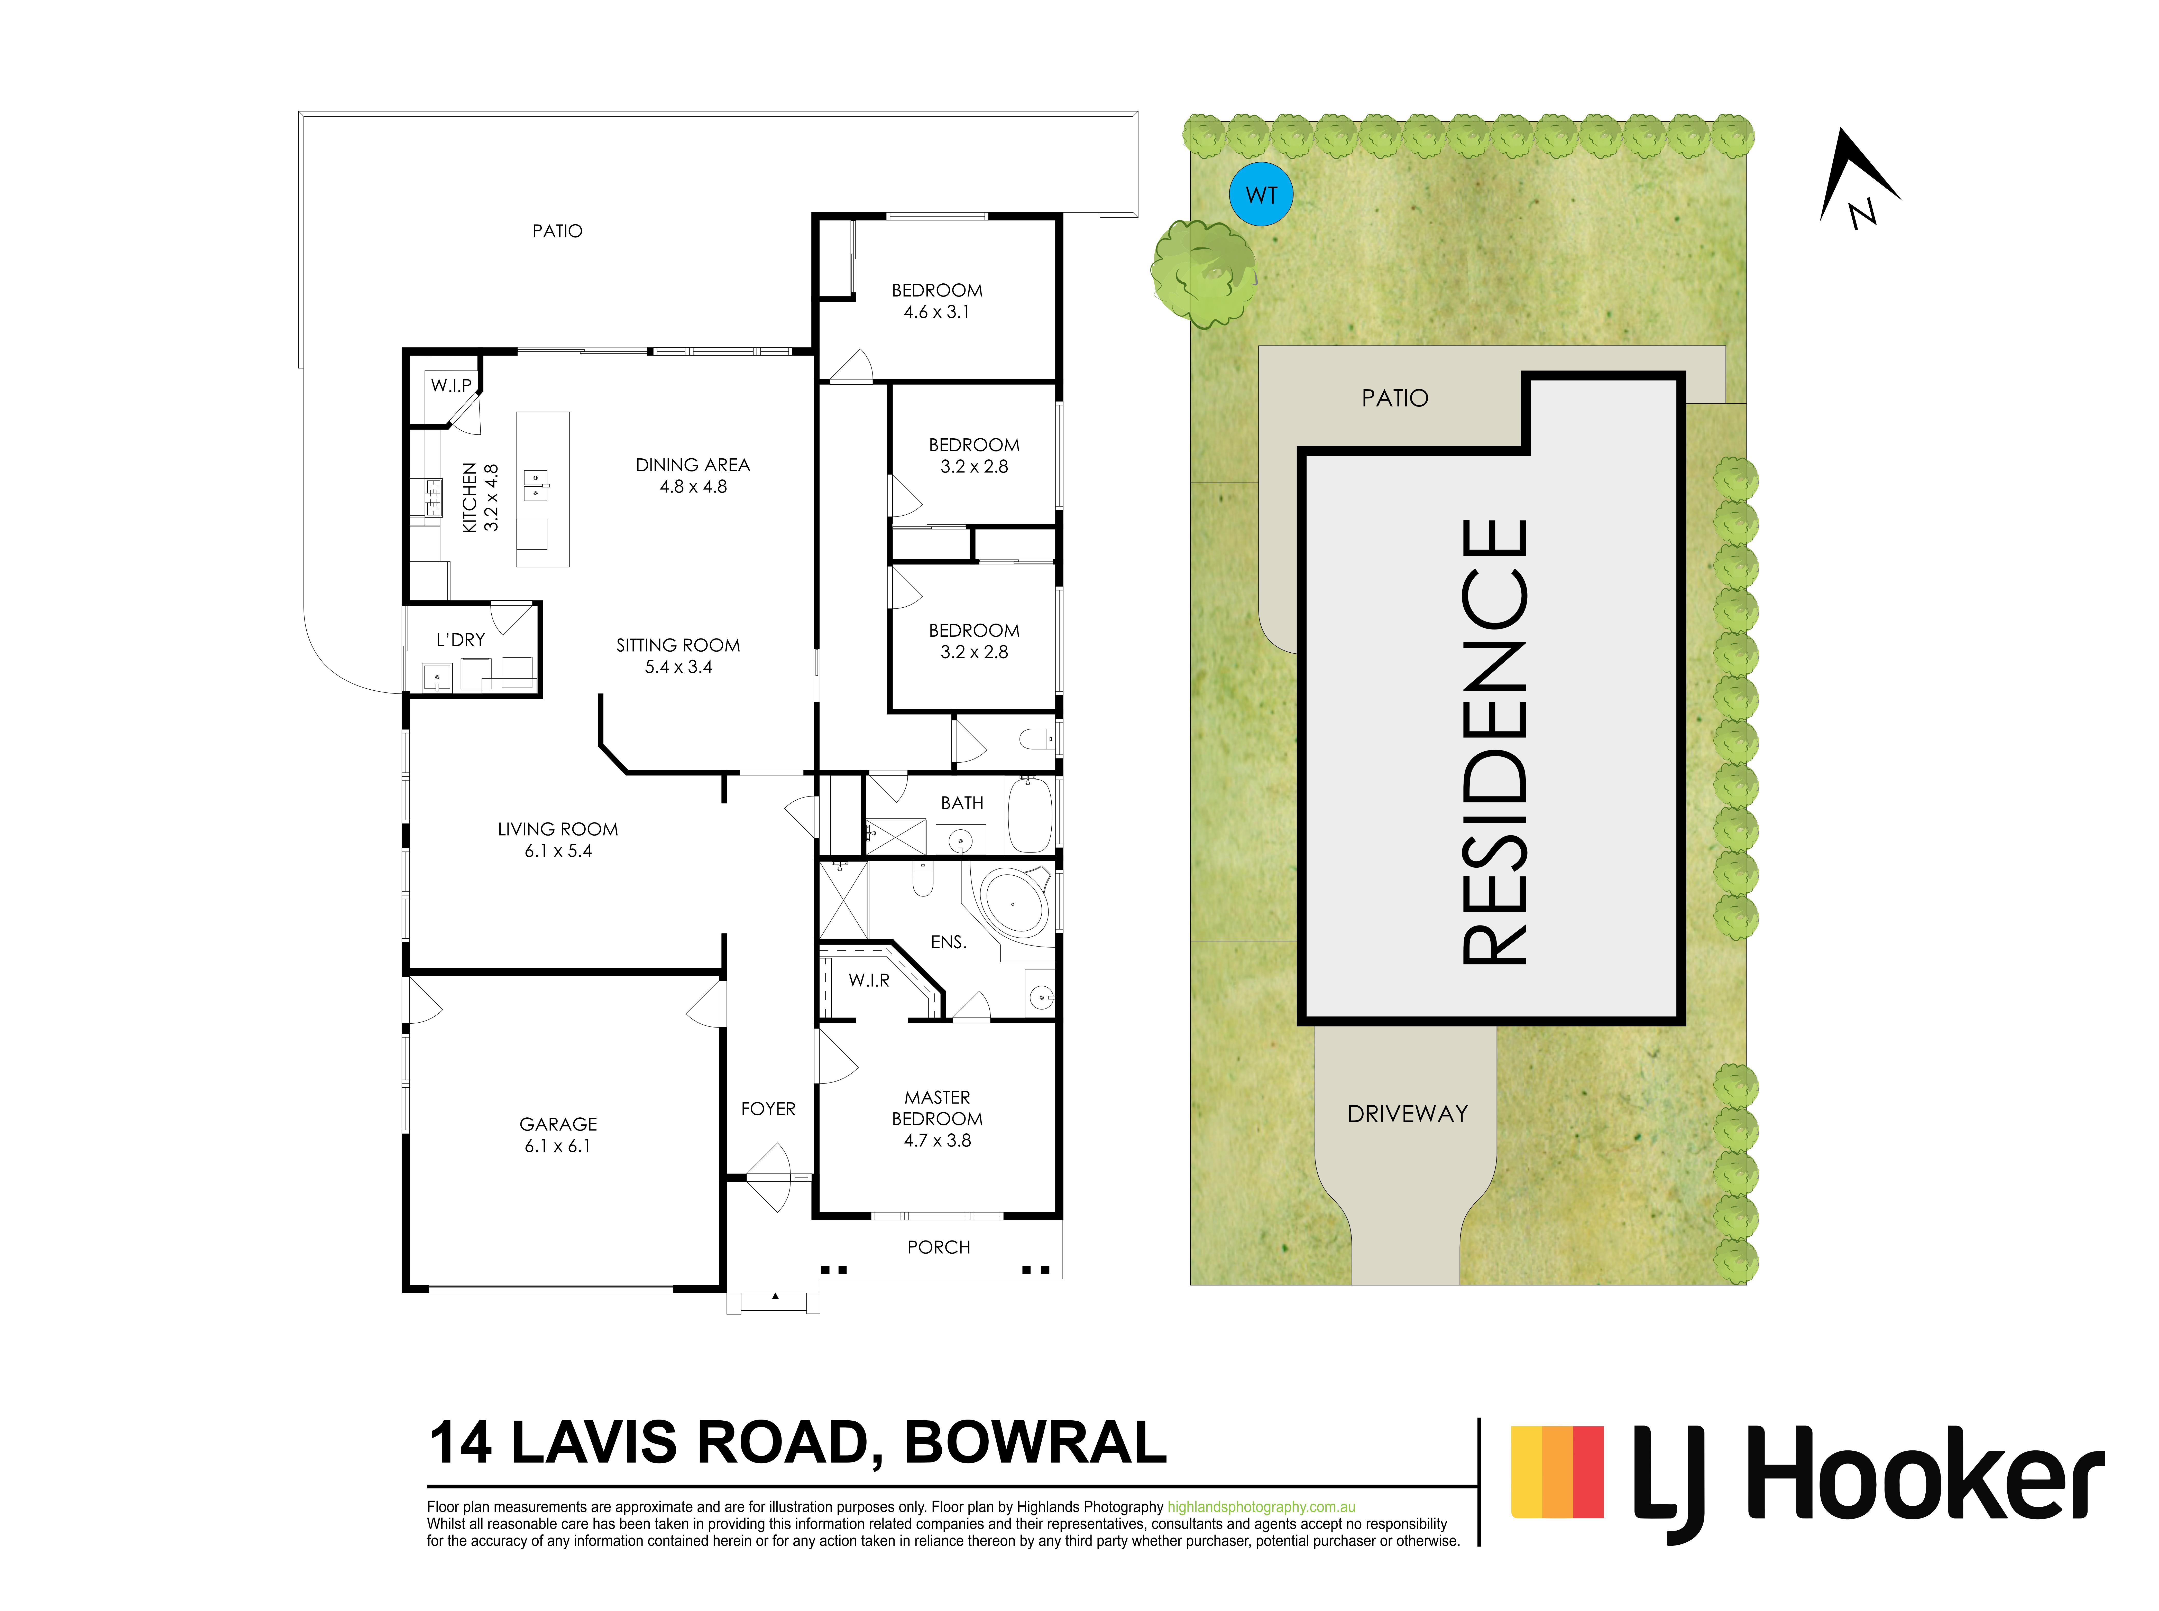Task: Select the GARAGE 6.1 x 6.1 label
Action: [x=558, y=1135]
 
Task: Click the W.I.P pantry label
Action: [x=452, y=385]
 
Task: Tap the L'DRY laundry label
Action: [x=460, y=640]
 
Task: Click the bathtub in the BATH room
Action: [x=1029, y=814]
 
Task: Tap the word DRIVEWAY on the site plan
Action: [x=1407, y=1114]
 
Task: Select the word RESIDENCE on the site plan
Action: [x=1494, y=742]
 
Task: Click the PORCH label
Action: [x=938, y=1247]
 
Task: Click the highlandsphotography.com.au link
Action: [x=1261, y=1507]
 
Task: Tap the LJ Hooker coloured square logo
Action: [x=1557, y=1473]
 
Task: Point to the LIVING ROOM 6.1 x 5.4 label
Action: [x=558, y=840]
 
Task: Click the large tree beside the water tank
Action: [x=1203, y=273]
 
